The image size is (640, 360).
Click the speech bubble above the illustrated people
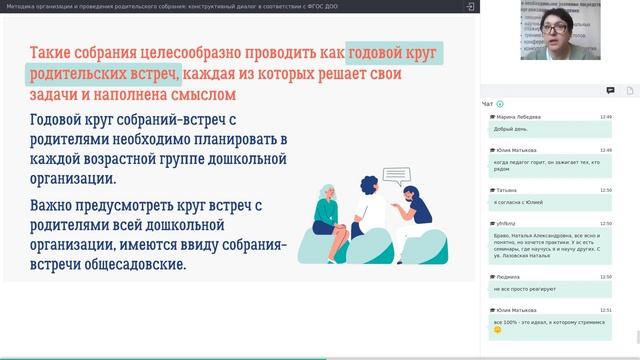coord(398,178)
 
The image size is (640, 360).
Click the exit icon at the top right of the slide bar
coord(470,6)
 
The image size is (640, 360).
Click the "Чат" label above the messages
coord(487,103)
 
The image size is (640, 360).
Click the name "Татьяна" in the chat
coord(507,189)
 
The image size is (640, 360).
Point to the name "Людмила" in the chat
coord(508,277)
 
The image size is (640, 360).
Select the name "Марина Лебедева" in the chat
coord(521,117)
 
